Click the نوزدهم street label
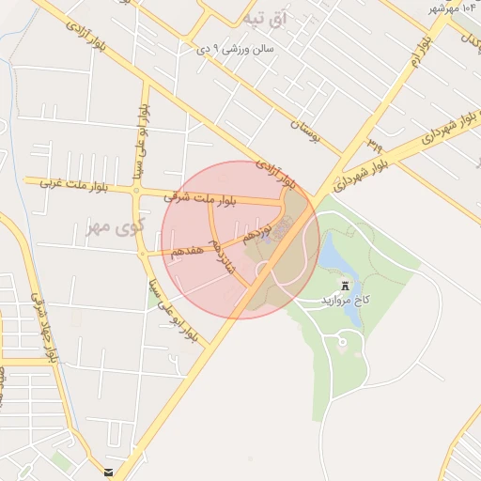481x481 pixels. pos(256,230)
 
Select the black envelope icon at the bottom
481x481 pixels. pos(110,473)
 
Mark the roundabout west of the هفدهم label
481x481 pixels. pos(143,254)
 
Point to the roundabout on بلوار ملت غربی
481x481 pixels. pos(137,191)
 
